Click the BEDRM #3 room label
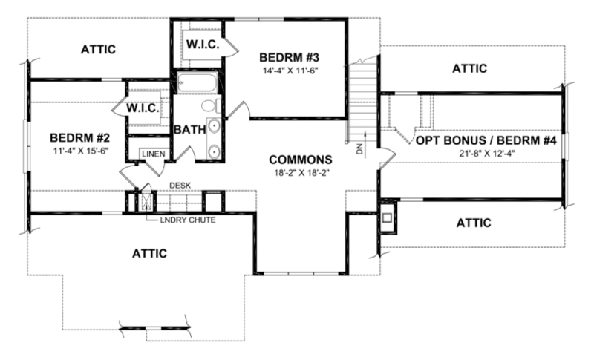[x=290, y=58]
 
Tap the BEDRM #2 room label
[x=80, y=137]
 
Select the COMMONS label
[x=301, y=160]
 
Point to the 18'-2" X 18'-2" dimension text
[x=302, y=173]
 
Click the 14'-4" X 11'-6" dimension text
[x=290, y=71]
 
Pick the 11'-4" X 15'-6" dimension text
[x=81, y=150]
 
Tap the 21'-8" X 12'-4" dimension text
[x=486, y=154]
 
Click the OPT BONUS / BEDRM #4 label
[x=486, y=140]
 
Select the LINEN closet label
[x=154, y=154]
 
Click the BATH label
[x=190, y=129]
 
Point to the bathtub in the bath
[x=197, y=82]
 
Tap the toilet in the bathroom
[x=210, y=105]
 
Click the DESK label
[x=180, y=186]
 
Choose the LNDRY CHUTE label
[x=188, y=220]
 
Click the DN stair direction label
[x=359, y=148]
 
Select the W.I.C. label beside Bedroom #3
[x=203, y=45]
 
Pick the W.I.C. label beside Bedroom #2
[x=143, y=108]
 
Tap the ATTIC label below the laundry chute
[x=149, y=253]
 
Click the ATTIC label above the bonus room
[x=470, y=68]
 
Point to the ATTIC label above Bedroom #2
[x=98, y=50]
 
